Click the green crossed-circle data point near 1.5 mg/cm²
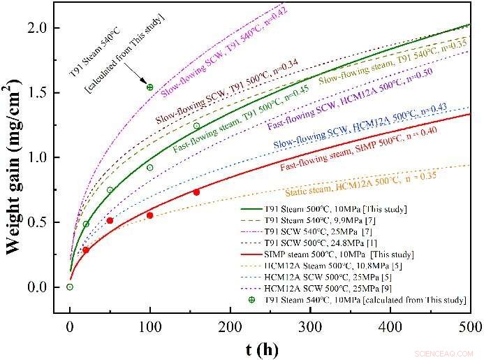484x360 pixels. pyautogui.click(x=149, y=87)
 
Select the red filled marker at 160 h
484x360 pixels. pyautogui.click(x=196, y=192)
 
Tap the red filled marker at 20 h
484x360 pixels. pyautogui.click(x=86, y=250)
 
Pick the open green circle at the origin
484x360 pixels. pyautogui.click(x=70, y=287)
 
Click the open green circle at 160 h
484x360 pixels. pyautogui.click(x=196, y=127)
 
